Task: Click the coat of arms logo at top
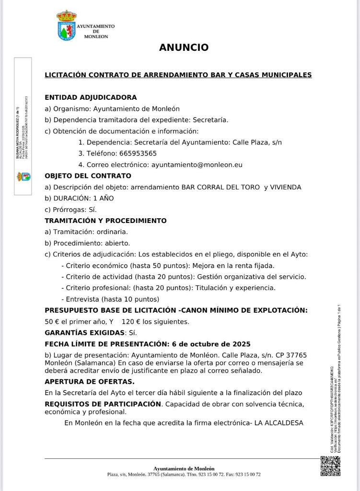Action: click(66, 25)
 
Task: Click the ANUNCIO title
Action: click(184, 47)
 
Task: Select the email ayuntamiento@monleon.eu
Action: click(197, 164)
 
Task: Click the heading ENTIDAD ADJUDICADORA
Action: click(91, 97)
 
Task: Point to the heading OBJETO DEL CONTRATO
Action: click(88, 176)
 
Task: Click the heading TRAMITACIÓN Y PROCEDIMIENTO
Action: click(105, 221)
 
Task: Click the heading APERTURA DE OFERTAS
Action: click(89, 382)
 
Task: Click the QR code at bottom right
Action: click(330, 466)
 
